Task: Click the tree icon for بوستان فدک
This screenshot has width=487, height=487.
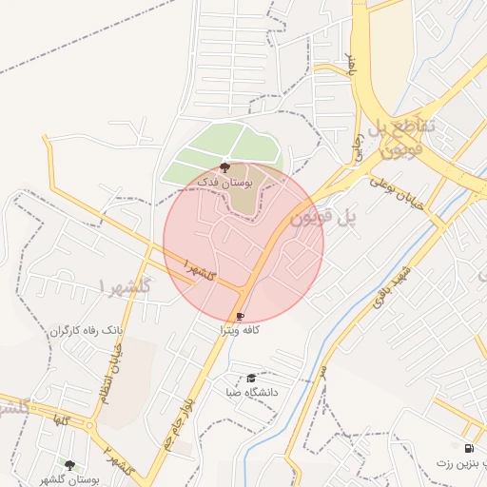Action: pyautogui.click(x=224, y=167)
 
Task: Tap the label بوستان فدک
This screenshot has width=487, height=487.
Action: pyautogui.click(x=223, y=180)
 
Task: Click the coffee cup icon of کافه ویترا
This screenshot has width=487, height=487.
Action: pyautogui.click(x=240, y=317)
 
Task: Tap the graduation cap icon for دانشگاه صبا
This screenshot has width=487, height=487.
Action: pyautogui.click(x=251, y=379)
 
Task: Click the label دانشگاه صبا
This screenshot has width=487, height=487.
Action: pyautogui.click(x=251, y=391)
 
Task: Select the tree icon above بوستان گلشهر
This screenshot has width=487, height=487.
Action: pyautogui.click(x=69, y=464)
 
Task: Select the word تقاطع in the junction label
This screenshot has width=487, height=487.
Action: pyautogui.click(x=415, y=126)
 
